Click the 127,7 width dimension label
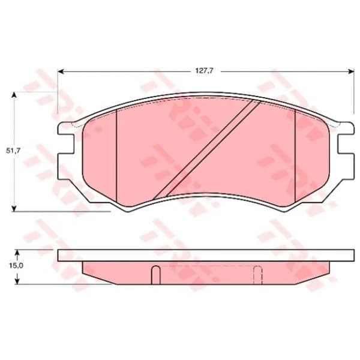[205, 70]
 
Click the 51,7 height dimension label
[13, 151]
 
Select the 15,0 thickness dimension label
[16, 266]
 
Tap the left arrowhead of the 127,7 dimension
[61, 71]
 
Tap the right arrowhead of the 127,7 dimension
[352, 71]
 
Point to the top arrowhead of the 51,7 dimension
[14, 95]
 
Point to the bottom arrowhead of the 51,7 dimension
[14, 208]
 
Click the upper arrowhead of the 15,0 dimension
[17, 253]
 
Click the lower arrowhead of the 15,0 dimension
[17, 281]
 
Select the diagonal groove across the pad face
[206, 149]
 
